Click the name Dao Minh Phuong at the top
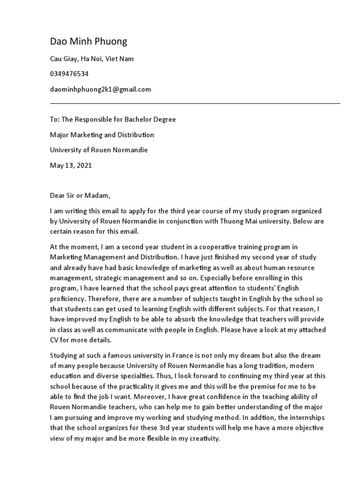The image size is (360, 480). click(x=88, y=42)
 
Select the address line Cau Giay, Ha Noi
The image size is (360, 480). click(x=92, y=59)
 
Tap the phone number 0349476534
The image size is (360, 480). click(x=69, y=74)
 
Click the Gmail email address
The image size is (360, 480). click(x=100, y=89)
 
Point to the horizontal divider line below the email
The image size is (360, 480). click(x=195, y=103)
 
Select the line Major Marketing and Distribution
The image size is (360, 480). click(x=102, y=135)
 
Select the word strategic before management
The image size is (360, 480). click(x=104, y=278)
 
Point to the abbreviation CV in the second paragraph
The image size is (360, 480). click(x=55, y=340)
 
